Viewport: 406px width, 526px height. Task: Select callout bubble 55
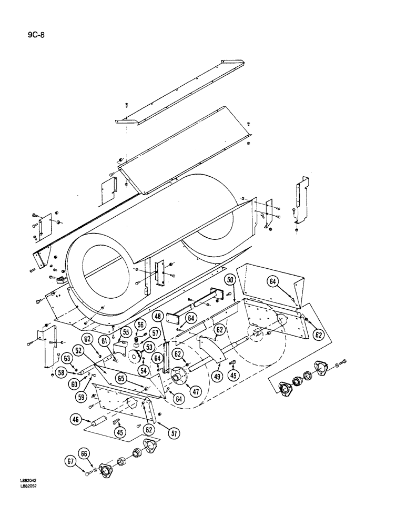(126, 332)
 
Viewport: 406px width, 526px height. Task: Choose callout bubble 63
(67, 359)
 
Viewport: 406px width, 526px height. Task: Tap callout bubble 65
(121, 378)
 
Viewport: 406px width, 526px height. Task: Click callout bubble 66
(84, 453)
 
